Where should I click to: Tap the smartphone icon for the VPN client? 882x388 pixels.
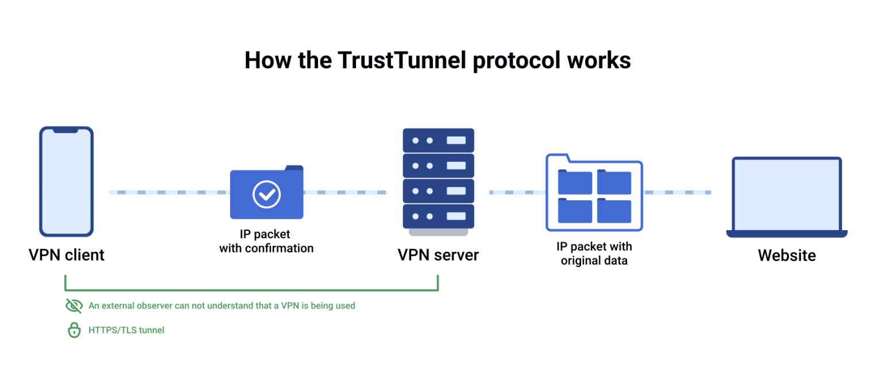point(66,181)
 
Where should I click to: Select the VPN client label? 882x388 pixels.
point(67,255)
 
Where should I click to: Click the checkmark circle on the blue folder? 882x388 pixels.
point(266,194)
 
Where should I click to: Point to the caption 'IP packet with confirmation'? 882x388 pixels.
point(266,241)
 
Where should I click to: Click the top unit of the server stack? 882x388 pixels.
point(438,140)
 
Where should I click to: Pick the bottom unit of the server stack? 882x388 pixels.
point(438,216)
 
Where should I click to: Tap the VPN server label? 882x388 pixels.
point(438,255)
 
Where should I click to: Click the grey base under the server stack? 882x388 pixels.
point(438,232)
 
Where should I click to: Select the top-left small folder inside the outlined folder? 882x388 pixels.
point(575,182)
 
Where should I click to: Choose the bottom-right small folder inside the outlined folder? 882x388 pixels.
point(614,211)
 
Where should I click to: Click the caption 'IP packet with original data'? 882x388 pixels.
point(594,254)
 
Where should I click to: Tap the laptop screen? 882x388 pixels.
point(787,195)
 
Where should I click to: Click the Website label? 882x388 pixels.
point(787,255)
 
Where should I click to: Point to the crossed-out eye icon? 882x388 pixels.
point(74,306)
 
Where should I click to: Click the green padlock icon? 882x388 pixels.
point(74,330)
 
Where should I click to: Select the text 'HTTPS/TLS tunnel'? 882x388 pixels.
point(126,330)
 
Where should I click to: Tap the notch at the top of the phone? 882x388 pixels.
point(66,130)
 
